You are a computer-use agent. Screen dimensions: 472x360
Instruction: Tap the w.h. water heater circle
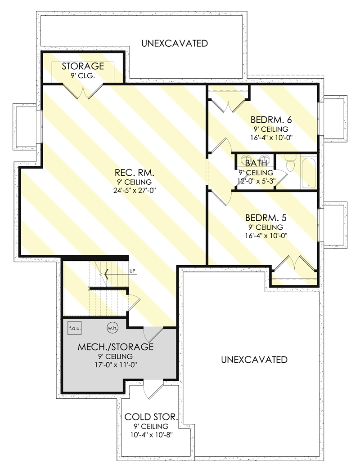pyautogui.click(x=112, y=328)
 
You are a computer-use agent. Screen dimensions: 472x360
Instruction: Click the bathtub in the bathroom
pyautogui.click(x=309, y=172)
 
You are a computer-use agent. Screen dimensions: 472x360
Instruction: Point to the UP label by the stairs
pyautogui.click(x=132, y=271)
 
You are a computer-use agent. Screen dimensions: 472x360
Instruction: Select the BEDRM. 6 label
pyautogui.click(x=271, y=120)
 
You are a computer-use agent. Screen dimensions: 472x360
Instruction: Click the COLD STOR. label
pyautogui.click(x=151, y=417)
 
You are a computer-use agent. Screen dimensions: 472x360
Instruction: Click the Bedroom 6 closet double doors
pyautogui.click(x=229, y=105)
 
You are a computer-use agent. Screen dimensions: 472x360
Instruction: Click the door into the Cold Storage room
pyautogui.click(x=153, y=389)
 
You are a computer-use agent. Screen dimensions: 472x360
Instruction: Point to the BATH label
pyautogui.click(x=256, y=163)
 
